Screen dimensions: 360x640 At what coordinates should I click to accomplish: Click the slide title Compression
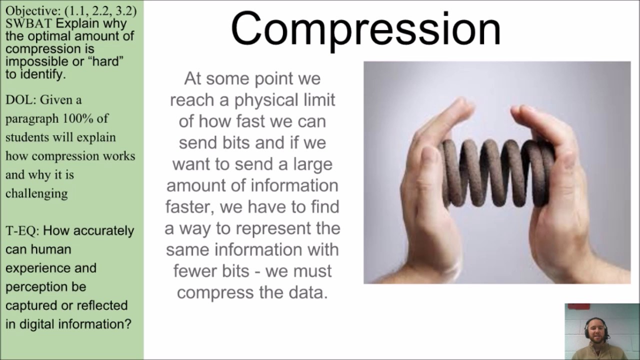click(365, 29)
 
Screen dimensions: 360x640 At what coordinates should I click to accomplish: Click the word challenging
click(36, 193)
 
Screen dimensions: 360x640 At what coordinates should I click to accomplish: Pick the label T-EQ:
click(22, 231)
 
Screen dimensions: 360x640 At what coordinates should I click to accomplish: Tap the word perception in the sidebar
click(45, 287)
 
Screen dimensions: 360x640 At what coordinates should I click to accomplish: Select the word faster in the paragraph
click(189, 207)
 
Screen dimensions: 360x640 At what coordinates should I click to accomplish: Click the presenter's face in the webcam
click(596, 330)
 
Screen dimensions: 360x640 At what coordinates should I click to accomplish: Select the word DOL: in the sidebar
click(20, 100)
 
